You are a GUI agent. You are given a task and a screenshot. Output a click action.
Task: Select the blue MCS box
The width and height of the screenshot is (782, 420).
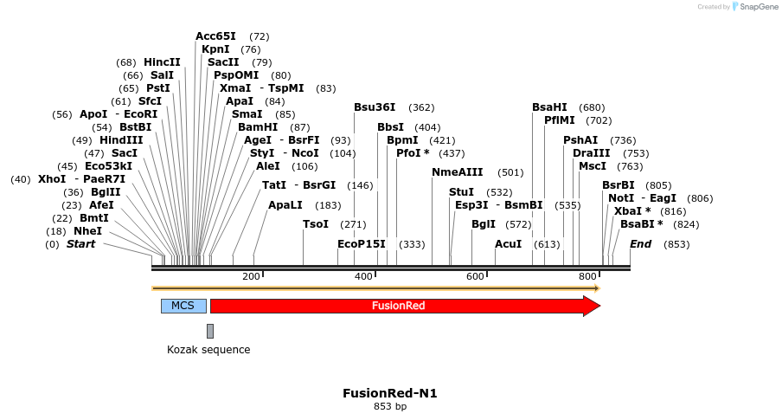(183, 306)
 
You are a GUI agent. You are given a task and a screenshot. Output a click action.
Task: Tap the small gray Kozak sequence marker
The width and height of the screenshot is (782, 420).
(210, 331)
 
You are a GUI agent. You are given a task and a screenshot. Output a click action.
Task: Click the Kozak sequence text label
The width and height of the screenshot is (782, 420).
(208, 350)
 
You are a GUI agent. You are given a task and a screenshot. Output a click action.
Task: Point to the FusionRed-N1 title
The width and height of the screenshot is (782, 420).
(390, 393)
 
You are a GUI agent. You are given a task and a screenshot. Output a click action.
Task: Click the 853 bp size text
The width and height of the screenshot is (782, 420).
(390, 406)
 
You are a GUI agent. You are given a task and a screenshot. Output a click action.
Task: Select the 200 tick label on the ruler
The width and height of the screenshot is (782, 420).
(251, 276)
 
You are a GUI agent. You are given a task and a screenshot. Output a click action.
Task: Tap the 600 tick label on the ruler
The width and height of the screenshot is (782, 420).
(475, 276)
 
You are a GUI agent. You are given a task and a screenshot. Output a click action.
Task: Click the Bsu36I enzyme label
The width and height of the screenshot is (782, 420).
(375, 107)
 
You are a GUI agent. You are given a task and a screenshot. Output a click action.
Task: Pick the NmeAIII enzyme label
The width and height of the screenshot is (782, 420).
(458, 172)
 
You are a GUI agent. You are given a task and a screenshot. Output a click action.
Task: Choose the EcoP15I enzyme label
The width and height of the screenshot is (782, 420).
(362, 244)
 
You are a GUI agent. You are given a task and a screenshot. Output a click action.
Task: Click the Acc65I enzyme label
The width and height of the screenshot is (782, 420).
(215, 36)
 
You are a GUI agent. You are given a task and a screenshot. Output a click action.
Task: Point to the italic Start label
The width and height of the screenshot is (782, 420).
(80, 244)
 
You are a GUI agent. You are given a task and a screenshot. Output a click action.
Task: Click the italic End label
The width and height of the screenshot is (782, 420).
(640, 244)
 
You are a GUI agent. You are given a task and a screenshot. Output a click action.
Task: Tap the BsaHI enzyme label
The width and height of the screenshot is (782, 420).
(549, 107)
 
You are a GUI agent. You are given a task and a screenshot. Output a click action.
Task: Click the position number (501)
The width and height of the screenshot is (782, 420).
(510, 172)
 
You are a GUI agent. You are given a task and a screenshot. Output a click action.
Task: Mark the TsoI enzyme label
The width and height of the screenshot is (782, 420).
(316, 224)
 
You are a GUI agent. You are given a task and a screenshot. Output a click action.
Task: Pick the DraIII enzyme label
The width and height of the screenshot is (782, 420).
(591, 153)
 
